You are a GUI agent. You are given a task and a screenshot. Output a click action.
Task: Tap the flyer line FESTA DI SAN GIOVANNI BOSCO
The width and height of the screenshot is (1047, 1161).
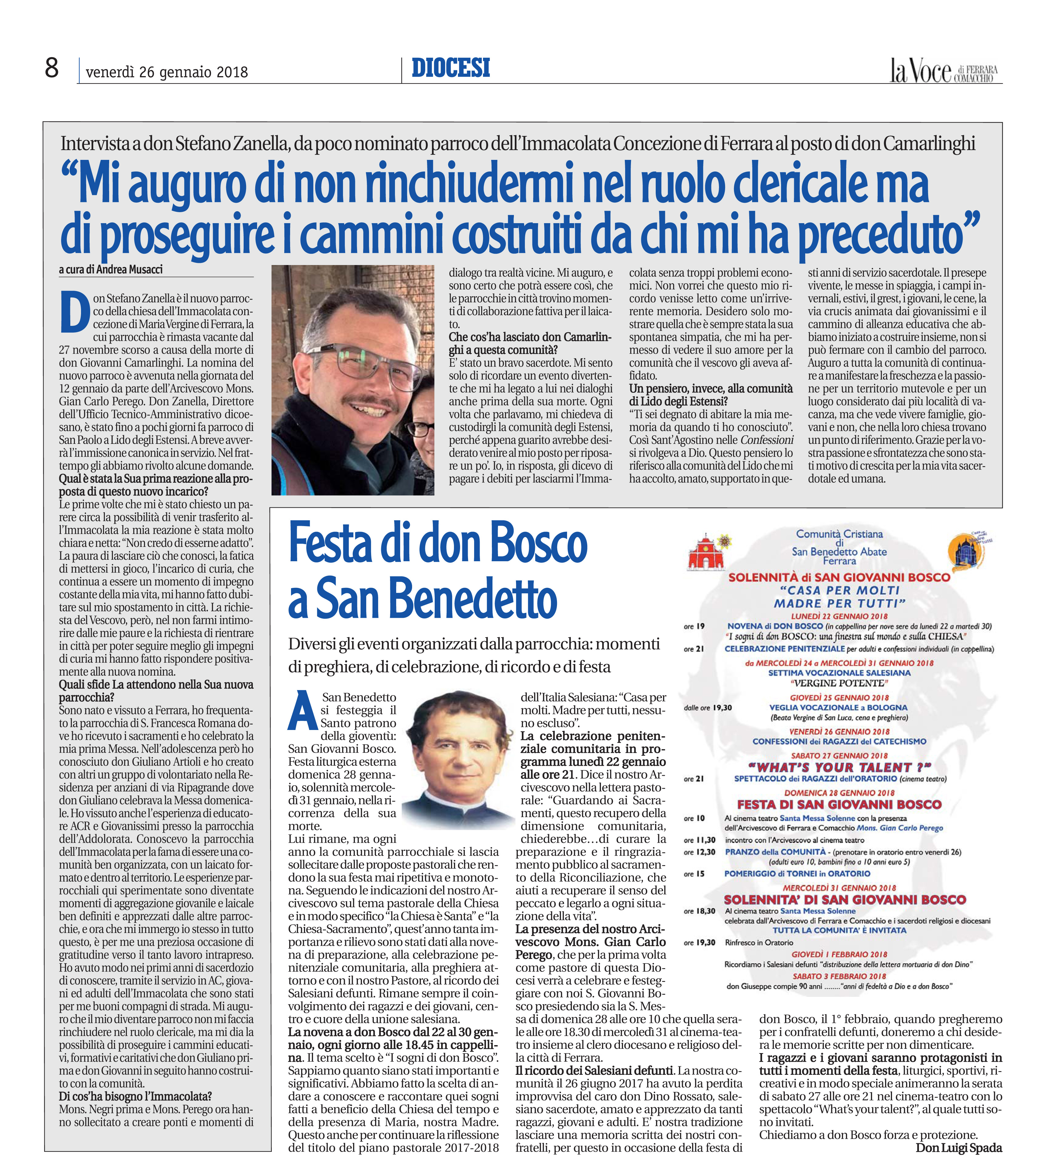839,804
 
